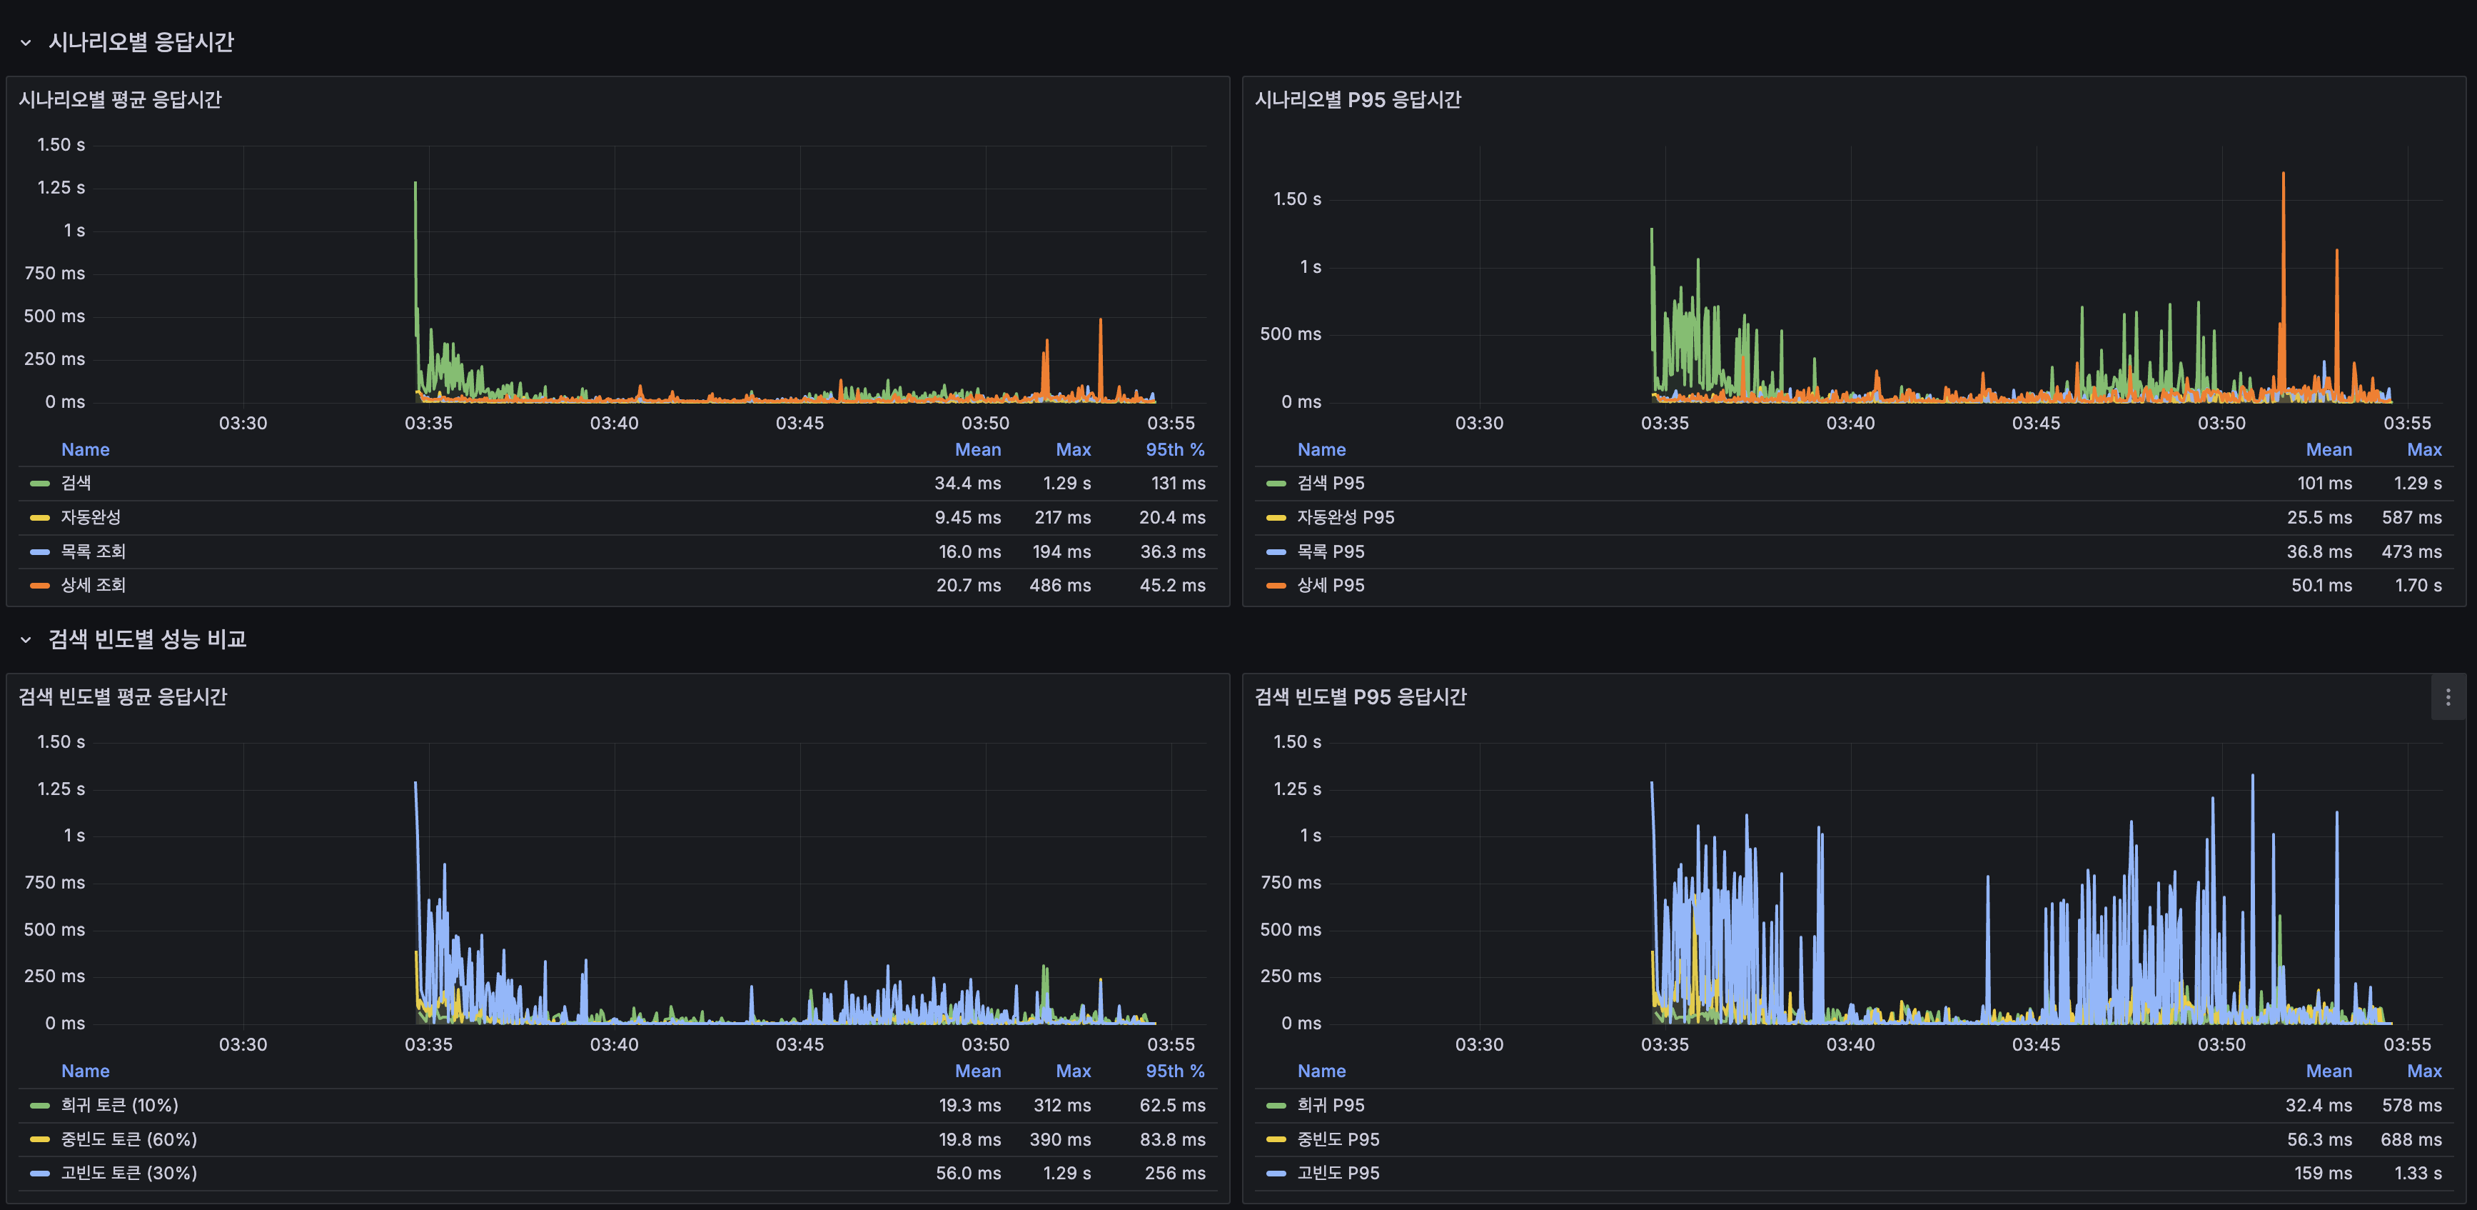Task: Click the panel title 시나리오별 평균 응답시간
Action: point(120,100)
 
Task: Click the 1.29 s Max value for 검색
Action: point(1066,483)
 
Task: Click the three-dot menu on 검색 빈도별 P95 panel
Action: point(2447,697)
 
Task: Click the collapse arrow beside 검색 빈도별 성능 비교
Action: point(26,639)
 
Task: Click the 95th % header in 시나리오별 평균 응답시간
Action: point(1174,449)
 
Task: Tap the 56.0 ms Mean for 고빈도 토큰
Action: point(967,1172)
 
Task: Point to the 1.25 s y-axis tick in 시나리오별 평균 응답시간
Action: point(61,188)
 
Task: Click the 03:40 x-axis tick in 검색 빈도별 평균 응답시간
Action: point(613,1044)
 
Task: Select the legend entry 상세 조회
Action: point(94,585)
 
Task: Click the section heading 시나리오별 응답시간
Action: point(141,42)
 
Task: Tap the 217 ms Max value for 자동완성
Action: point(1061,517)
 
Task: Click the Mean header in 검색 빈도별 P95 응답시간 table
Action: point(2328,1071)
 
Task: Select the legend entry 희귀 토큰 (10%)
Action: point(119,1105)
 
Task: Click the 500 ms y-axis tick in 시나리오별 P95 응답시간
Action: point(1289,334)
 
